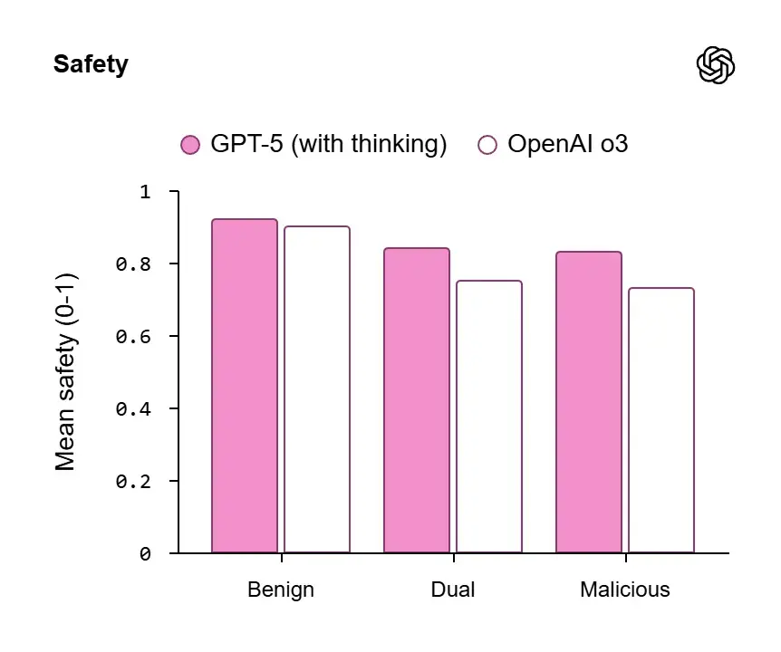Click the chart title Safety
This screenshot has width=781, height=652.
click(x=91, y=65)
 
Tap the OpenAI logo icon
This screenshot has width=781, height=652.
click(x=715, y=65)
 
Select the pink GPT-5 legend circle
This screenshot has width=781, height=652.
click(x=190, y=145)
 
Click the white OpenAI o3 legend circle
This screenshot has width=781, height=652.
click(x=487, y=145)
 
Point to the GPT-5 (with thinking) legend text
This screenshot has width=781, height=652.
click(x=329, y=145)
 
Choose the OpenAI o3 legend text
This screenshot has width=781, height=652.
click(x=567, y=145)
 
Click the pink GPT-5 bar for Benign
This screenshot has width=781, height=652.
click(x=245, y=386)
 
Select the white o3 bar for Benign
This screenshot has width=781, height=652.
click(x=317, y=389)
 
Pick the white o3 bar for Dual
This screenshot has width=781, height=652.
click(x=489, y=417)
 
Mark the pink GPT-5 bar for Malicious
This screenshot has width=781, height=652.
click(x=589, y=402)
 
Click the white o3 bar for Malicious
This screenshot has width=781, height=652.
click(x=661, y=420)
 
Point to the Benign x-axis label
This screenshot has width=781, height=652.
click(x=281, y=590)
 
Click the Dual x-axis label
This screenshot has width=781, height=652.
click(x=453, y=590)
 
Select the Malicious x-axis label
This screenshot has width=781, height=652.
click(x=625, y=590)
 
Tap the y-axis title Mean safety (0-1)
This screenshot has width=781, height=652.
click(x=65, y=371)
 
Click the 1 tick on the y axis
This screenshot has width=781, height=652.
click(x=146, y=192)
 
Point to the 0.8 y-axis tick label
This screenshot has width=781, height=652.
click(x=133, y=264)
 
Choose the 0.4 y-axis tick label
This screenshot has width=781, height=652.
click(x=133, y=408)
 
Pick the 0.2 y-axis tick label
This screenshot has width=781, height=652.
click(x=133, y=481)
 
